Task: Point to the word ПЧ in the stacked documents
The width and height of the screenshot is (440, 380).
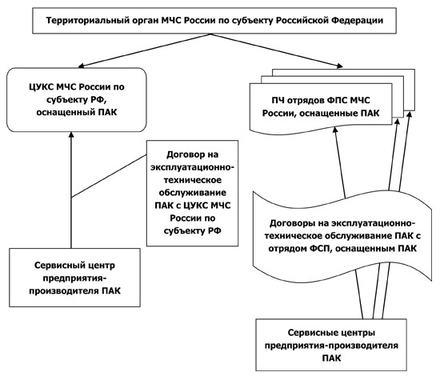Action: pos(278,101)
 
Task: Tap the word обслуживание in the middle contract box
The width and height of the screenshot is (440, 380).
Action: pos(193,193)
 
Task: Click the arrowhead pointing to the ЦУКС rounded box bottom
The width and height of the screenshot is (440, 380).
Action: pos(71,134)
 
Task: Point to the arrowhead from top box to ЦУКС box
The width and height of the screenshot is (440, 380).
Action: pos(81,66)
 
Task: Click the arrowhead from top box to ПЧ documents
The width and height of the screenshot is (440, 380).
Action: pos(340,66)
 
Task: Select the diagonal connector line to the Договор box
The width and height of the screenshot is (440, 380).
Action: pos(109,176)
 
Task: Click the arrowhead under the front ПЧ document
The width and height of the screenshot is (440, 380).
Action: pos(335,130)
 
